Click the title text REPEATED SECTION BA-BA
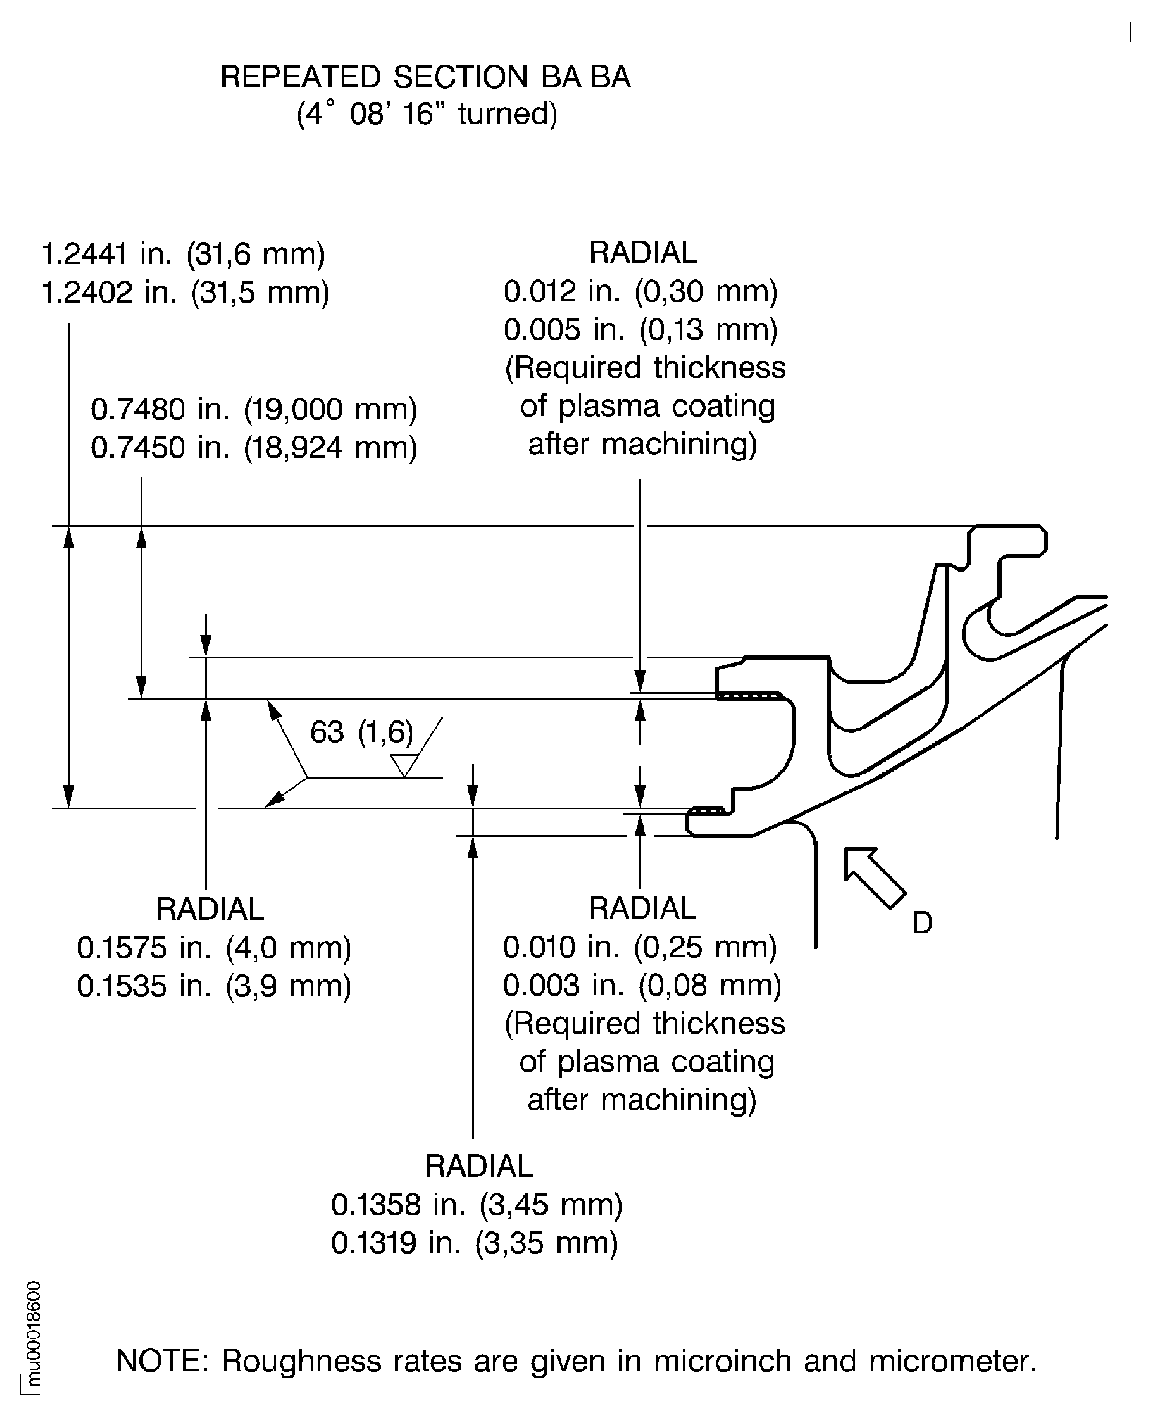(x=425, y=77)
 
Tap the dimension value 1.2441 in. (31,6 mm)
(x=183, y=254)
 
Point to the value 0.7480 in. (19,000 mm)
(x=254, y=409)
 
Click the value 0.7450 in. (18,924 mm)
(x=254, y=448)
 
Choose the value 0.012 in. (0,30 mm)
(x=641, y=291)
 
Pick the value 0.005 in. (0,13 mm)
(x=641, y=330)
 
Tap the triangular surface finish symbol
(x=404, y=765)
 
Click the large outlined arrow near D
(x=875, y=877)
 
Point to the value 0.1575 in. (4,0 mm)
(x=214, y=948)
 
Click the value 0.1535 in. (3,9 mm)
(x=214, y=986)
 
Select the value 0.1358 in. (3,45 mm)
(x=477, y=1204)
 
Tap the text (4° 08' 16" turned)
(x=427, y=114)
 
